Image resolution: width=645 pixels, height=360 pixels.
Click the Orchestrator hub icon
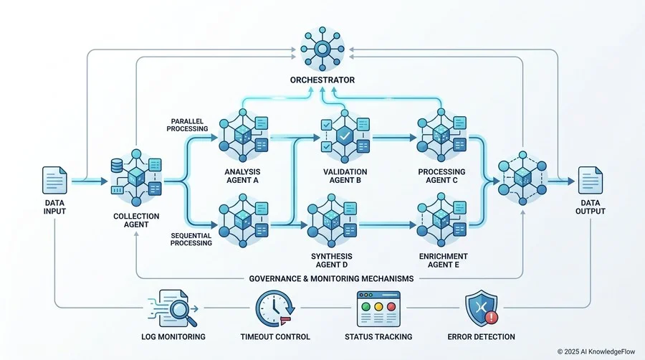(322, 49)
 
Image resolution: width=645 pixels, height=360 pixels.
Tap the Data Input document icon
(54, 180)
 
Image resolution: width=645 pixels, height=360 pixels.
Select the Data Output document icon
(591, 180)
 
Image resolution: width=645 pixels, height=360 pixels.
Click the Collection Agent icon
(136, 178)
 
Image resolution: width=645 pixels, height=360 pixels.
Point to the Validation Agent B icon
(345, 136)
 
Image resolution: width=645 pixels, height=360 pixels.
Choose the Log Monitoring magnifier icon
(172, 308)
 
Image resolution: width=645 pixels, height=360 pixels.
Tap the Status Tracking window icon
(378, 308)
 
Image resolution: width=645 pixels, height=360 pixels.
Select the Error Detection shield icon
(482, 308)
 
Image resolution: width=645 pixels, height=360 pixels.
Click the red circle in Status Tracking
(391, 306)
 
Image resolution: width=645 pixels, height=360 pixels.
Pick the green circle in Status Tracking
(365, 306)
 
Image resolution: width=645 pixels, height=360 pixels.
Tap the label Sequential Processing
(191, 240)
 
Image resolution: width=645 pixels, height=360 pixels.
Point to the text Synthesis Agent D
(332, 260)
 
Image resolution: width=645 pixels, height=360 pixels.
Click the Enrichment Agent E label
(444, 260)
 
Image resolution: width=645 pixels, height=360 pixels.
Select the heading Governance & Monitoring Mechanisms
(331, 278)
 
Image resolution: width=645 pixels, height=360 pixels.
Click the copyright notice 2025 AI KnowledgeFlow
(596, 352)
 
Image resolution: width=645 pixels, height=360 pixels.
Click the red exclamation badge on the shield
(491, 317)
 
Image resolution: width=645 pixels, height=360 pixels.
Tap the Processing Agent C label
(441, 176)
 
